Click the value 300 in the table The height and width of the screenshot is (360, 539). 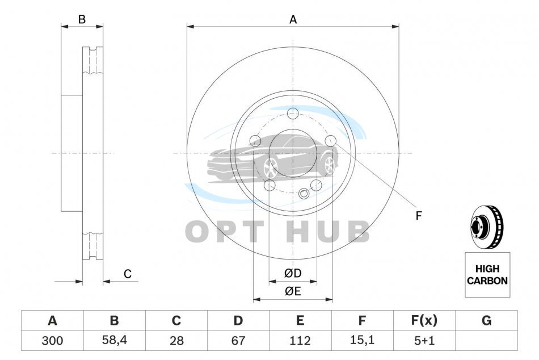pos(52,341)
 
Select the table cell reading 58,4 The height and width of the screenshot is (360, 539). pos(115,340)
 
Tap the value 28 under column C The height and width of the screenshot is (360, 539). pos(176,341)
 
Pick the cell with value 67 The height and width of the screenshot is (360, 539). pos(238,341)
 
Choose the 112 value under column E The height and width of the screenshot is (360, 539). pos(300,341)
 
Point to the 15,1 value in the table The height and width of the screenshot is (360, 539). pos(362,340)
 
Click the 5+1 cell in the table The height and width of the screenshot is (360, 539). pos(424,341)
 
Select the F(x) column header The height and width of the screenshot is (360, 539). pos(424,320)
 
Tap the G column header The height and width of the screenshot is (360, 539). pos(486,320)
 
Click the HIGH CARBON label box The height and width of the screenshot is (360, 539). pos(487,275)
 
